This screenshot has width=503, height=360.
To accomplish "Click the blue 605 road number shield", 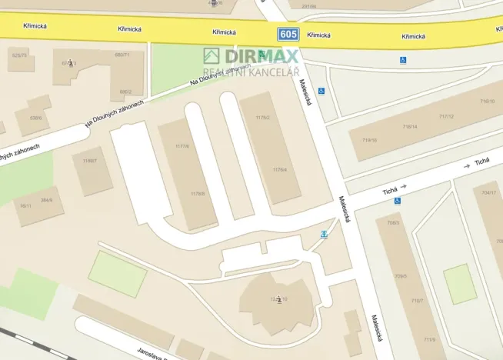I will (288, 34).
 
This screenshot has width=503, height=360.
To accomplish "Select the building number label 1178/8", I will (198, 194).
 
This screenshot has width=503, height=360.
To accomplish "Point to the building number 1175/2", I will (262, 118).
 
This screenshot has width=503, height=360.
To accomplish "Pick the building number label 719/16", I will (370, 140).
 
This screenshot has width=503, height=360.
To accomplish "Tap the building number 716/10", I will (488, 101).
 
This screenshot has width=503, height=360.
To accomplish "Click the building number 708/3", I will (393, 223).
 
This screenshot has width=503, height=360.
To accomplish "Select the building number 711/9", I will (429, 339).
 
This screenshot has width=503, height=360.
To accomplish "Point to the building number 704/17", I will (488, 192).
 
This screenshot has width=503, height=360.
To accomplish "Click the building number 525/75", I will (19, 55).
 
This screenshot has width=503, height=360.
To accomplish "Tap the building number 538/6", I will (35, 118).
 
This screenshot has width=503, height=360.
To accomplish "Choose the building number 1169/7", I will (90, 161).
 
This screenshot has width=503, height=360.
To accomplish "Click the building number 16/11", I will (25, 206).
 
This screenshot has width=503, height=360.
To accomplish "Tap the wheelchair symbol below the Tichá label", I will (398, 201).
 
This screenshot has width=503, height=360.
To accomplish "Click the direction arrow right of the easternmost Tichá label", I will (467, 165).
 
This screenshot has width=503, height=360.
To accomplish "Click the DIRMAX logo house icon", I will (212, 55).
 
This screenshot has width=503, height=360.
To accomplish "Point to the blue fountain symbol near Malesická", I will (324, 233).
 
